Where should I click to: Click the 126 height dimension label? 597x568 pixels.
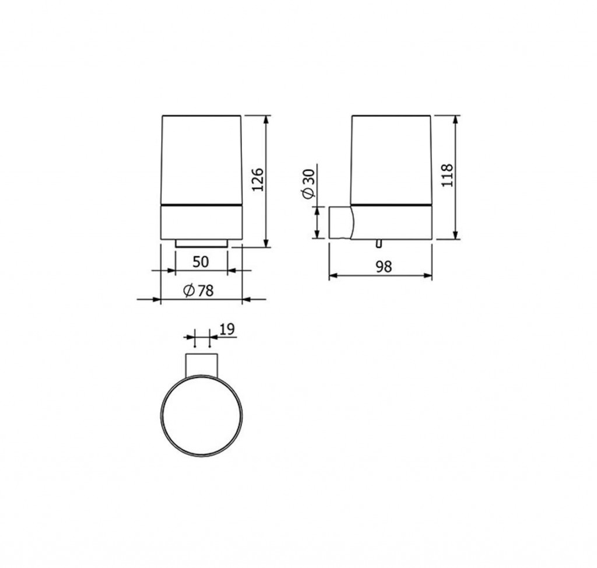[x=258, y=180]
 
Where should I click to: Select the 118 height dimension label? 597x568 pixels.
[x=447, y=175]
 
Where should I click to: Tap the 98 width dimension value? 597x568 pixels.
[x=384, y=267]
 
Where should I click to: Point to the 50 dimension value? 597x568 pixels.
[x=201, y=262]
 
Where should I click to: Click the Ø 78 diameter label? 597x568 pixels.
[x=198, y=290]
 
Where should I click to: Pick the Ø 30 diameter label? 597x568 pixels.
[x=309, y=184]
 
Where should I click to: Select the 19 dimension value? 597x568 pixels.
[x=227, y=329]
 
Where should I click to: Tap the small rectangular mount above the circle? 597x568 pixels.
[x=201, y=366]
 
